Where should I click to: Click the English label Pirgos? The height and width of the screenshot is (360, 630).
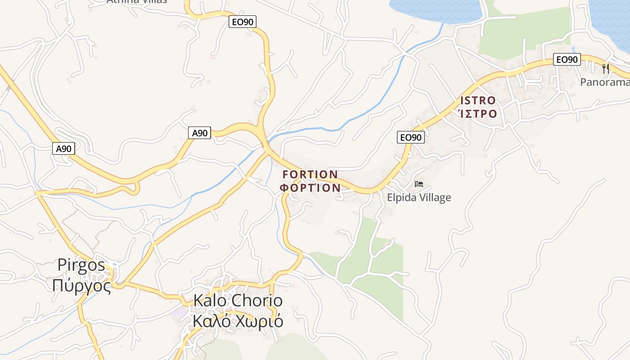(x=81, y=265)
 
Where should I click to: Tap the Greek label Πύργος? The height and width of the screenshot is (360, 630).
(x=81, y=286)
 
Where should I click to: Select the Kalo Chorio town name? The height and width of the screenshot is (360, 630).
(x=238, y=301)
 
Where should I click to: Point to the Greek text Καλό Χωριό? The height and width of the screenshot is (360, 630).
(x=238, y=321)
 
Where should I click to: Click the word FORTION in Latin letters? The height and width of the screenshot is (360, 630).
(x=310, y=174)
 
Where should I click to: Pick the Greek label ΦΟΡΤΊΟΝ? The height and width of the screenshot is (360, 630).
(x=310, y=188)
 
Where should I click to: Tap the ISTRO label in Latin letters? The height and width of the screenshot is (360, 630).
(x=477, y=100)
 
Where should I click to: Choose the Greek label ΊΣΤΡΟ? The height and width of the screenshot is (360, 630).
(x=477, y=113)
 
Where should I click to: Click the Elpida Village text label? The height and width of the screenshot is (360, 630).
(x=418, y=198)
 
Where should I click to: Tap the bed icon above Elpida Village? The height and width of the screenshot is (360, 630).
(x=418, y=184)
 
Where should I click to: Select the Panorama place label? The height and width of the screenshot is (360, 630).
(x=604, y=82)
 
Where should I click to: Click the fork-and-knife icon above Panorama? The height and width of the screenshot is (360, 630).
(x=606, y=68)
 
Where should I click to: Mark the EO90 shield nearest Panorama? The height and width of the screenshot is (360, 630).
(x=567, y=59)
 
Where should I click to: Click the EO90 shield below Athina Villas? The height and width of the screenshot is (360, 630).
(x=242, y=22)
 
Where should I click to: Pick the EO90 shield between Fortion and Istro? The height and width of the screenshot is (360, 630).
(x=410, y=137)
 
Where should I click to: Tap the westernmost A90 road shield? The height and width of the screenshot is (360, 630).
(x=63, y=148)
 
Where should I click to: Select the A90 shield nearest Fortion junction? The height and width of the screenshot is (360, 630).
(x=199, y=133)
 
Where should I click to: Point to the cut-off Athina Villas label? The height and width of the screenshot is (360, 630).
(x=136, y=1)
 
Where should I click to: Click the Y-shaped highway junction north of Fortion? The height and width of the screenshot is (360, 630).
(x=261, y=130)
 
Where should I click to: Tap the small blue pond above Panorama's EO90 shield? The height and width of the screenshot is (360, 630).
(x=573, y=49)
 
